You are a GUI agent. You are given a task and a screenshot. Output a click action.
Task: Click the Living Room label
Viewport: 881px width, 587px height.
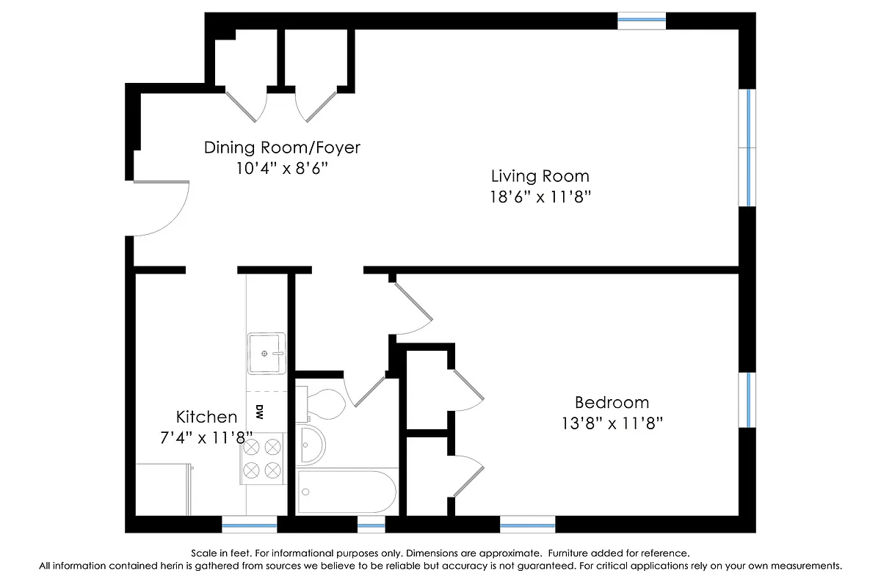540,176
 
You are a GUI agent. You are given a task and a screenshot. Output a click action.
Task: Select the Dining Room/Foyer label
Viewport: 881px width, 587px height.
282,147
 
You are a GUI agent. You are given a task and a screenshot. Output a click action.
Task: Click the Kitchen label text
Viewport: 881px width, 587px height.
206,417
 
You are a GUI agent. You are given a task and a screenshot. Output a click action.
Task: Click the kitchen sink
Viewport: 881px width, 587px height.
265,354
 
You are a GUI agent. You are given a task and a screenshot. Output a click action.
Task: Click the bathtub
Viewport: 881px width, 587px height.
347,491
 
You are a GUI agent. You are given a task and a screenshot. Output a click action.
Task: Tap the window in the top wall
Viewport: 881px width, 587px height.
641,21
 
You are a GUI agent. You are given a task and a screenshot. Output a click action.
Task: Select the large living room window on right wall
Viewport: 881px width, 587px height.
747,147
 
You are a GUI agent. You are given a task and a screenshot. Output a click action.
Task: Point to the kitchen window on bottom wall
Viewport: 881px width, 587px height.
250,524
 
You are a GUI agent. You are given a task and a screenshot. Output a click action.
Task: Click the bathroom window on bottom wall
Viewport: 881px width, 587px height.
371,524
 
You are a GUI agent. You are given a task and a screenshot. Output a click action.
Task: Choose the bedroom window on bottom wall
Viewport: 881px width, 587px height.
527,524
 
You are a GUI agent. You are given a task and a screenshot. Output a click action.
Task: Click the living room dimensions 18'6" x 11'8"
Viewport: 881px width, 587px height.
540,197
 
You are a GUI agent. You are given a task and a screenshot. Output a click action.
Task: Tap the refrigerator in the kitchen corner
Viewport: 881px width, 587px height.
164,489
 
